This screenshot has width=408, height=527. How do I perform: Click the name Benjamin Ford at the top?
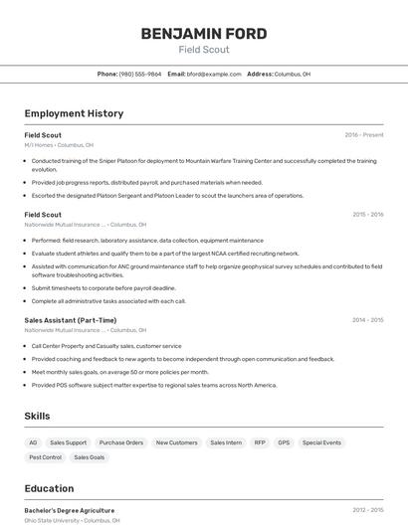204,34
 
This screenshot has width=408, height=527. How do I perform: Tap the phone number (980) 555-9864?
140,74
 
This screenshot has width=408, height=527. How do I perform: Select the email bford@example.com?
214,74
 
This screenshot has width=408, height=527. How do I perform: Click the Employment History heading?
74,113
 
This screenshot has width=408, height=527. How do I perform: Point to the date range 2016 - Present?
363,134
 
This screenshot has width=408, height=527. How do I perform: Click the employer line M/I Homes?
59,145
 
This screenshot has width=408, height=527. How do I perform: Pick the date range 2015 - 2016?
367,214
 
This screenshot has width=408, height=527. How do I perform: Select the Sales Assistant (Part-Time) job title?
70,320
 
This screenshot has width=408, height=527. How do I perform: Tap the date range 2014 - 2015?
367,320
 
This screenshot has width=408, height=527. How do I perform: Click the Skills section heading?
37,416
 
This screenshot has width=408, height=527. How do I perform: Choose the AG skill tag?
33,442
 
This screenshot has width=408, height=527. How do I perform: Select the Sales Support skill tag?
69,442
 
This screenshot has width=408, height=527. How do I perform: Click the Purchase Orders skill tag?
121,442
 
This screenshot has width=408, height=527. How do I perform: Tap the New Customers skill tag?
176,442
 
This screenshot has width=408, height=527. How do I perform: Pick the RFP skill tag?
260,442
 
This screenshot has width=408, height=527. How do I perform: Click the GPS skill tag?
284,442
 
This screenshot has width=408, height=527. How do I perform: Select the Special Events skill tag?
321,442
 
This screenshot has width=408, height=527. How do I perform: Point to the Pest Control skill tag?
45,457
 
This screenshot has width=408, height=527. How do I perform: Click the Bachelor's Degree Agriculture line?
69,510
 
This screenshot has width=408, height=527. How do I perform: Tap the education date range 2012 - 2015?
367,510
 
